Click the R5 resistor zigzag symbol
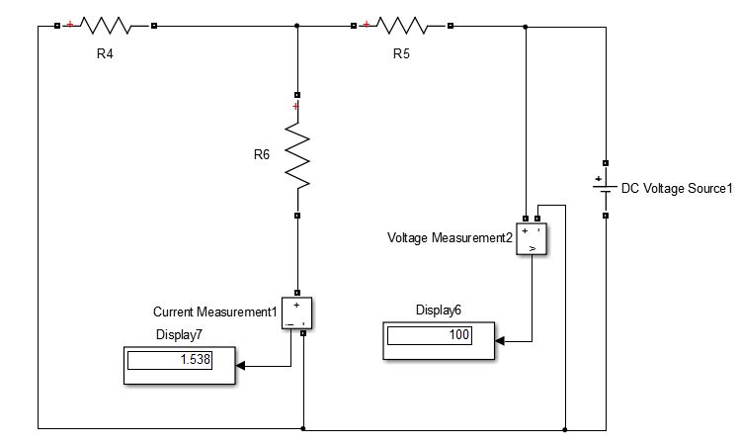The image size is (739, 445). click(402, 26)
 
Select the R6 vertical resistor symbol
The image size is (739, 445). click(297, 155)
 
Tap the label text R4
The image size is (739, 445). click(105, 53)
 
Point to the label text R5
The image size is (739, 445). click(401, 53)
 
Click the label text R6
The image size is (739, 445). click(261, 154)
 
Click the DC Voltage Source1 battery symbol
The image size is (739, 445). click(604, 187)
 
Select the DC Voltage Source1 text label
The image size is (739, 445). click(677, 188)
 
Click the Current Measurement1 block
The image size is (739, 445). click(297, 312)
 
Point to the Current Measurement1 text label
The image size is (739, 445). click(215, 312)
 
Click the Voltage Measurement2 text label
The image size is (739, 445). click(450, 238)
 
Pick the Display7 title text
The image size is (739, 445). click(180, 334)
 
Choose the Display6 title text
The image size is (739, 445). click(439, 310)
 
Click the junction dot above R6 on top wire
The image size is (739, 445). click(297, 27)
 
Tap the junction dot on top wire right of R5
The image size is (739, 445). click(525, 27)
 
